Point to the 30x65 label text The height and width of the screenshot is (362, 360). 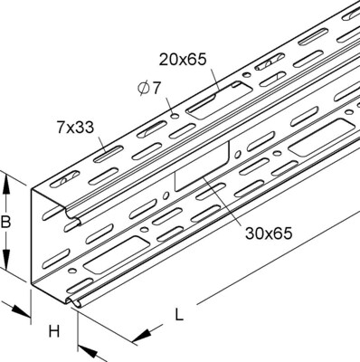click(268, 233)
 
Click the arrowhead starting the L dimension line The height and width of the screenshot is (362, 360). click(138, 338)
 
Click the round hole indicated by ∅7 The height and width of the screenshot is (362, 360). click(173, 117)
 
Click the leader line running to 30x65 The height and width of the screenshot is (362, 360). click(224, 202)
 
